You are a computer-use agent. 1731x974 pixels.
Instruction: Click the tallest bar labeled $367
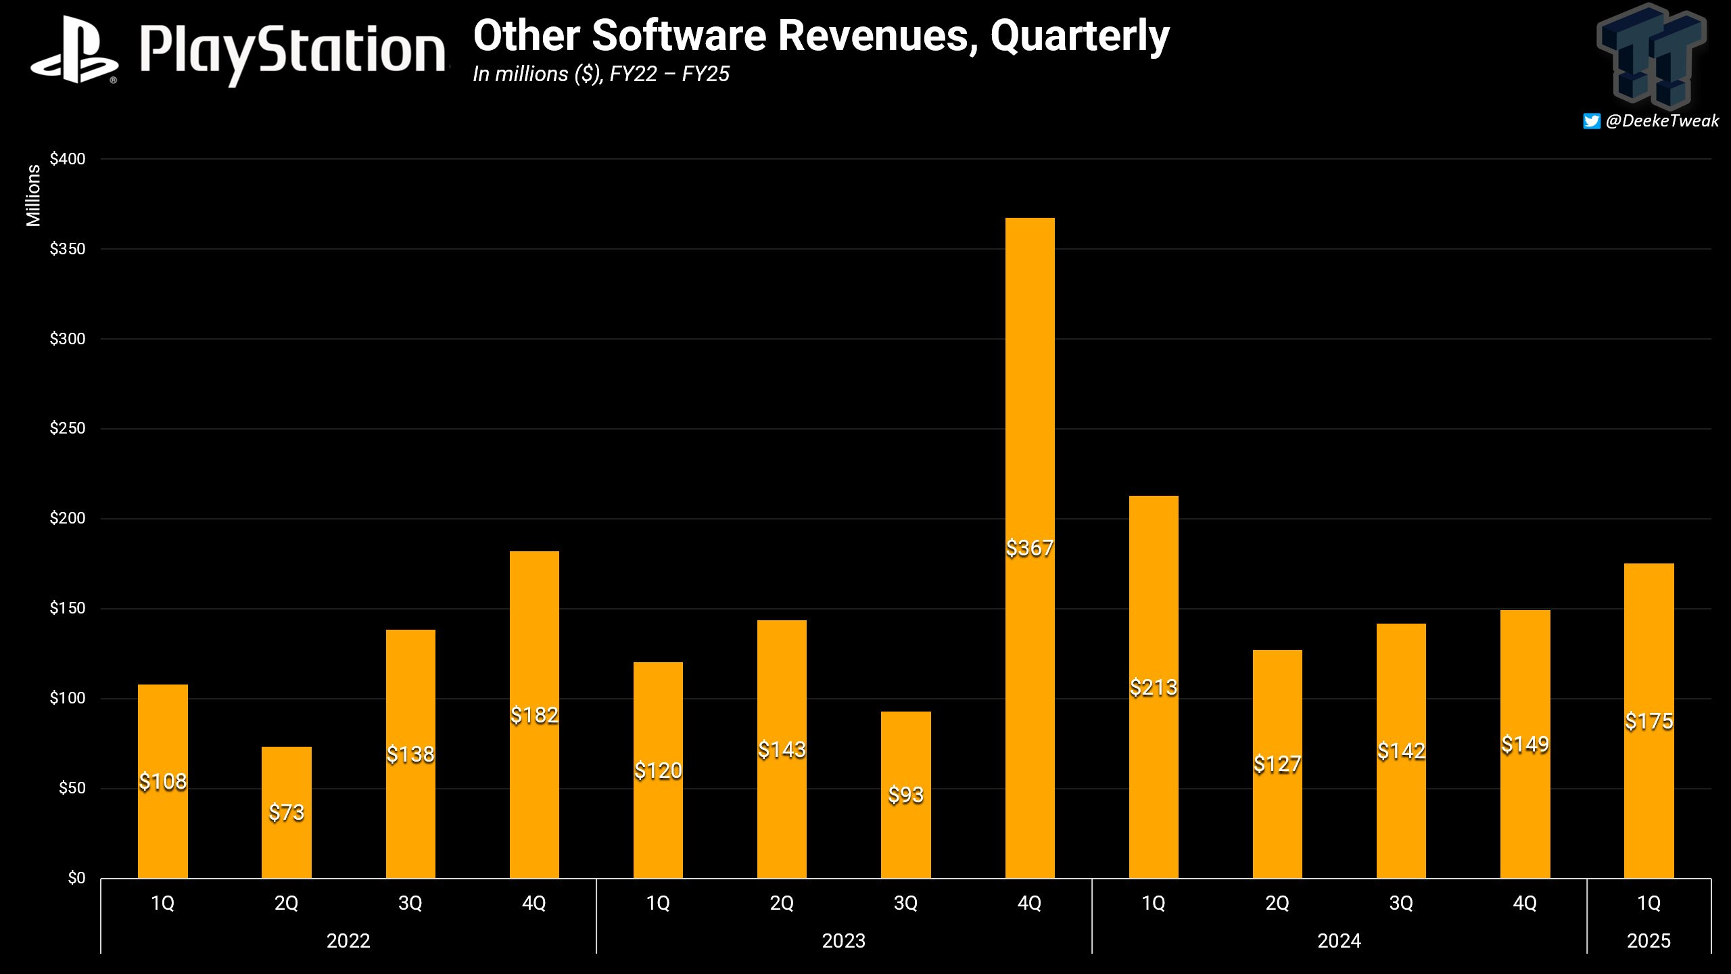[x=1029, y=406]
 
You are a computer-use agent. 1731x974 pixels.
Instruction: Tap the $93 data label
[x=905, y=795]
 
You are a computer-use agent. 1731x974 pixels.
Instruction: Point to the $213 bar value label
[x=1154, y=688]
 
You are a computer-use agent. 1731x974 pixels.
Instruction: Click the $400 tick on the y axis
[x=68, y=159]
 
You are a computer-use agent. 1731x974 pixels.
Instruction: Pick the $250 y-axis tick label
[x=68, y=428]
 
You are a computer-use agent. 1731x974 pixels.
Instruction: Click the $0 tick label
[x=76, y=878]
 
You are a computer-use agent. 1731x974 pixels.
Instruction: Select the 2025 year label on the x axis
[x=1649, y=941]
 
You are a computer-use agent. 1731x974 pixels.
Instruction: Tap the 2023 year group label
[x=843, y=941]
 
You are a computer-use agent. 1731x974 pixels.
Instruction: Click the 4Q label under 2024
[x=1525, y=903]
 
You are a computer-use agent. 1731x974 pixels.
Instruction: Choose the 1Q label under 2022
[x=162, y=903]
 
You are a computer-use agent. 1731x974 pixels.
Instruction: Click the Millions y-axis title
[x=33, y=195]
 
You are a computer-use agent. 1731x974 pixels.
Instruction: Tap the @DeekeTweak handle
[x=1662, y=121]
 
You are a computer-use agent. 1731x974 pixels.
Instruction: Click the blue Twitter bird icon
[x=1592, y=121]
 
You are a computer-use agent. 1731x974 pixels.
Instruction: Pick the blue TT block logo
[x=1651, y=55]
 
